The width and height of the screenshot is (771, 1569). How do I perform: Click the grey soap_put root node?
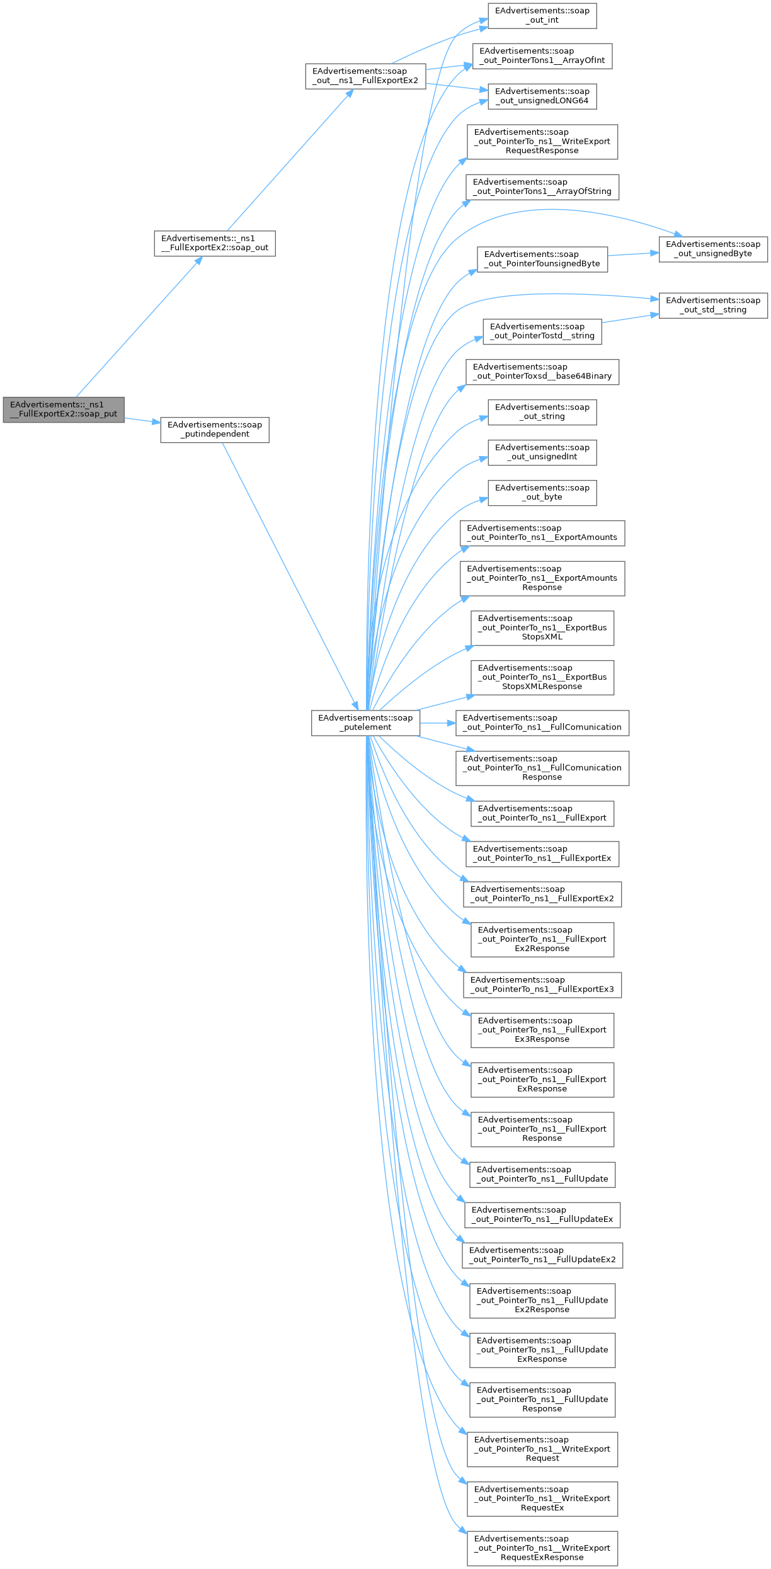[64, 409]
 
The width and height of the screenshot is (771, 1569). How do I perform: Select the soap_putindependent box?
[215, 430]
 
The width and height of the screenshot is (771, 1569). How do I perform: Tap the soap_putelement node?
[365, 722]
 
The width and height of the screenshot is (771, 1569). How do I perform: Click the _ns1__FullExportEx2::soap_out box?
[215, 243]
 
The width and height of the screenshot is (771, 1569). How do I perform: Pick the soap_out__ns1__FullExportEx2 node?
[365, 76]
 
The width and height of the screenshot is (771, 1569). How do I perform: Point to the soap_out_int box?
[542, 15]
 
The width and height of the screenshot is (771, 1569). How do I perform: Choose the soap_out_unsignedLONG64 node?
[542, 96]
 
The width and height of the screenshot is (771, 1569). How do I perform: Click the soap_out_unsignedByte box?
[713, 249]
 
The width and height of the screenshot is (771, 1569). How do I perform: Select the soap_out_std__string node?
[713, 305]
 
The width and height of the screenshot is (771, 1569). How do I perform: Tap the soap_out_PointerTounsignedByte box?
[542, 259]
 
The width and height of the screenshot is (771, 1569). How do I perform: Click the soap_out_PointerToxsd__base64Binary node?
[542, 372]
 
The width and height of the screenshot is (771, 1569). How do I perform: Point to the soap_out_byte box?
[542, 493]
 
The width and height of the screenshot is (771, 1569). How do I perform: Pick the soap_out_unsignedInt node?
[542, 452]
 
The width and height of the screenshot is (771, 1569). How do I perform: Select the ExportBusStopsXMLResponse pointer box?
[542, 677]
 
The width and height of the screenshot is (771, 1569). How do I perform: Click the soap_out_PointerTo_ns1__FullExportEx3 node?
[542, 984]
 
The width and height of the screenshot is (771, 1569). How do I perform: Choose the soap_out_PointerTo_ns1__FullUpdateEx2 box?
[542, 1255]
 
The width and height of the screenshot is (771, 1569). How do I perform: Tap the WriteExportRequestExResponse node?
[542, 1548]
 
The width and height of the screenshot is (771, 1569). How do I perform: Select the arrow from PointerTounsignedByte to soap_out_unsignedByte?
[633, 254]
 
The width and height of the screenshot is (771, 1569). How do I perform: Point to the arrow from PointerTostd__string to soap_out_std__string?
[630, 318]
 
